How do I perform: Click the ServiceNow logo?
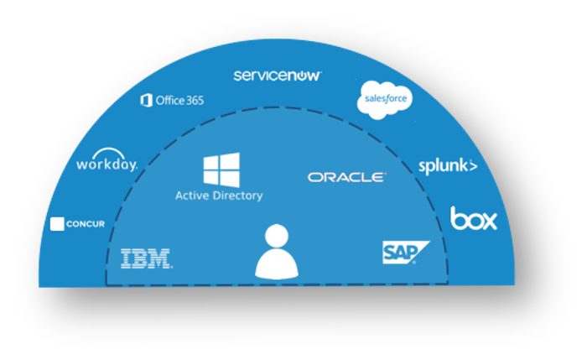(x=277, y=76)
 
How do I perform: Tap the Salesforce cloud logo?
(x=385, y=100)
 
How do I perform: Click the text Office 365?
(x=179, y=101)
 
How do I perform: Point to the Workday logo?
(x=106, y=164)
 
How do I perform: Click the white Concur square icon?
(x=58, y=224)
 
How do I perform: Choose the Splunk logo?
(x=448, y=166)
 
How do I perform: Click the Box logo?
(x=474, y=219)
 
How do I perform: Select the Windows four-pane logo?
(x=221, y=170)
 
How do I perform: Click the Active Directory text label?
(x=219, y=196)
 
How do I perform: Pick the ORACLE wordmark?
(x=346, y=177)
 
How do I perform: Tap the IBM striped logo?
(x=147, y=258)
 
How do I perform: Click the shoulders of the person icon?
(x=277, y=267)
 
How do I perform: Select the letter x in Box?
(x=488, y=221)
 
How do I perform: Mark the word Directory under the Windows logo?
(x=238, y=196)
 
